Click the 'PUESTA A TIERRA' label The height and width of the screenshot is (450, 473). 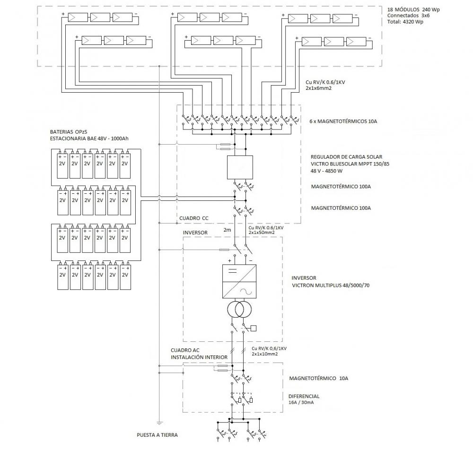click(x=157, y=435)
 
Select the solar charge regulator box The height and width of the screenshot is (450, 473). click(x=240, y=167)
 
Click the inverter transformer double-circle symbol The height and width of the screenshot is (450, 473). click(x=239, y=309)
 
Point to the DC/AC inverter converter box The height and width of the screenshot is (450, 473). click(x=239, y=282)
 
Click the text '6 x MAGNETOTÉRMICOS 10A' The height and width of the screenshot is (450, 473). click(x=343, y=121)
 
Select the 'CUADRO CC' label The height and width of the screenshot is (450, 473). click(x=193, y=218)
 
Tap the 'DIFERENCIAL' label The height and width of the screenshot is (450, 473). click(x=304, y=396)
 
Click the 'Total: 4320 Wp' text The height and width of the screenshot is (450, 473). click(x=405, y=22)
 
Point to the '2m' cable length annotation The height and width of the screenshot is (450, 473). click(x=227, y=230)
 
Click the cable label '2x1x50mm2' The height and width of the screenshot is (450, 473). click(x=262, y=233)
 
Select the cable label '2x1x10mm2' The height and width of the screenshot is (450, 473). click(x=265, y=354)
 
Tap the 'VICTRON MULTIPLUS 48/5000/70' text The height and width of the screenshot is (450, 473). click(x=331, y=285)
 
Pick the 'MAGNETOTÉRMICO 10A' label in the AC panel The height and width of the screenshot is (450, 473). click(x=318, y=378)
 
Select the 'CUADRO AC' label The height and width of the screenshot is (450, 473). click(x=185, y=350)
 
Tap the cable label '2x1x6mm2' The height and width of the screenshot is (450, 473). click(x=318, y=88)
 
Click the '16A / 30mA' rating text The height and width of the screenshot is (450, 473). click(x=301, y=403)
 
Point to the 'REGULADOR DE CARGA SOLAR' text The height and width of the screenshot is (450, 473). click(x=346, y=157)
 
